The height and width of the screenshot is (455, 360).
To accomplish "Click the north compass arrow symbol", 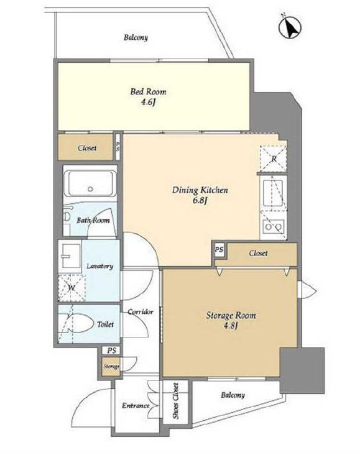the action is click(290, 27).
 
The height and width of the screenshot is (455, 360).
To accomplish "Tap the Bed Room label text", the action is click(148, 92).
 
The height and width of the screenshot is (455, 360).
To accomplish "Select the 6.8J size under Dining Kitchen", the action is click(200, 201).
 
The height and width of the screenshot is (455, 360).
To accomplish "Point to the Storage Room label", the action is click(231, 315).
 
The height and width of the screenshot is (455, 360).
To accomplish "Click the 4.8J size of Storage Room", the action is click(231, 326).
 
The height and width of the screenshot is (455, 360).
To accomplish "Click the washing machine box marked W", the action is click(72, 288).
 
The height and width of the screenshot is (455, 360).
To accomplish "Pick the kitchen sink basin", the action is click(272, 193).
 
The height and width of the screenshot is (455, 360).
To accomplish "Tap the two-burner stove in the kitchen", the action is click(274, 227).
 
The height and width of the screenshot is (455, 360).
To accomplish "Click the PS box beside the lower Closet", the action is click(219, 249).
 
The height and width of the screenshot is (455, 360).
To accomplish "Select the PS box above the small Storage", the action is click(111, 351).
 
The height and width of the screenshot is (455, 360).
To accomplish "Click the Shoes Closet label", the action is click(175, 401).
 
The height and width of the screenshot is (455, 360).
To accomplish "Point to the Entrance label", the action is click(136, 405).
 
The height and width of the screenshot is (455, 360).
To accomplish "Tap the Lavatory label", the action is click(100, 266).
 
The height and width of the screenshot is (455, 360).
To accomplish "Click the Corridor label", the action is click(141, 311).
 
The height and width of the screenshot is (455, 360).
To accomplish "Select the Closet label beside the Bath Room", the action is click(87, 148).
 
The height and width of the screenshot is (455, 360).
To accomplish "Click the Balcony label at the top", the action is click(136, 37).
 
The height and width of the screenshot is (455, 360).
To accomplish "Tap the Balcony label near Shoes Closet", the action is click(233, 395).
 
